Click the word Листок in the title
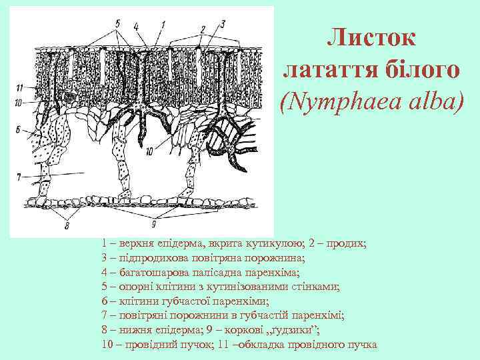coord(371,38)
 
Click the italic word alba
coord(431,102)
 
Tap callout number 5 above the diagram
coord(117,23)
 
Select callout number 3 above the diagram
coord(223,23)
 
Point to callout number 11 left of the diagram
coord(20,87)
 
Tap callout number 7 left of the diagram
coord(20,176)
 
